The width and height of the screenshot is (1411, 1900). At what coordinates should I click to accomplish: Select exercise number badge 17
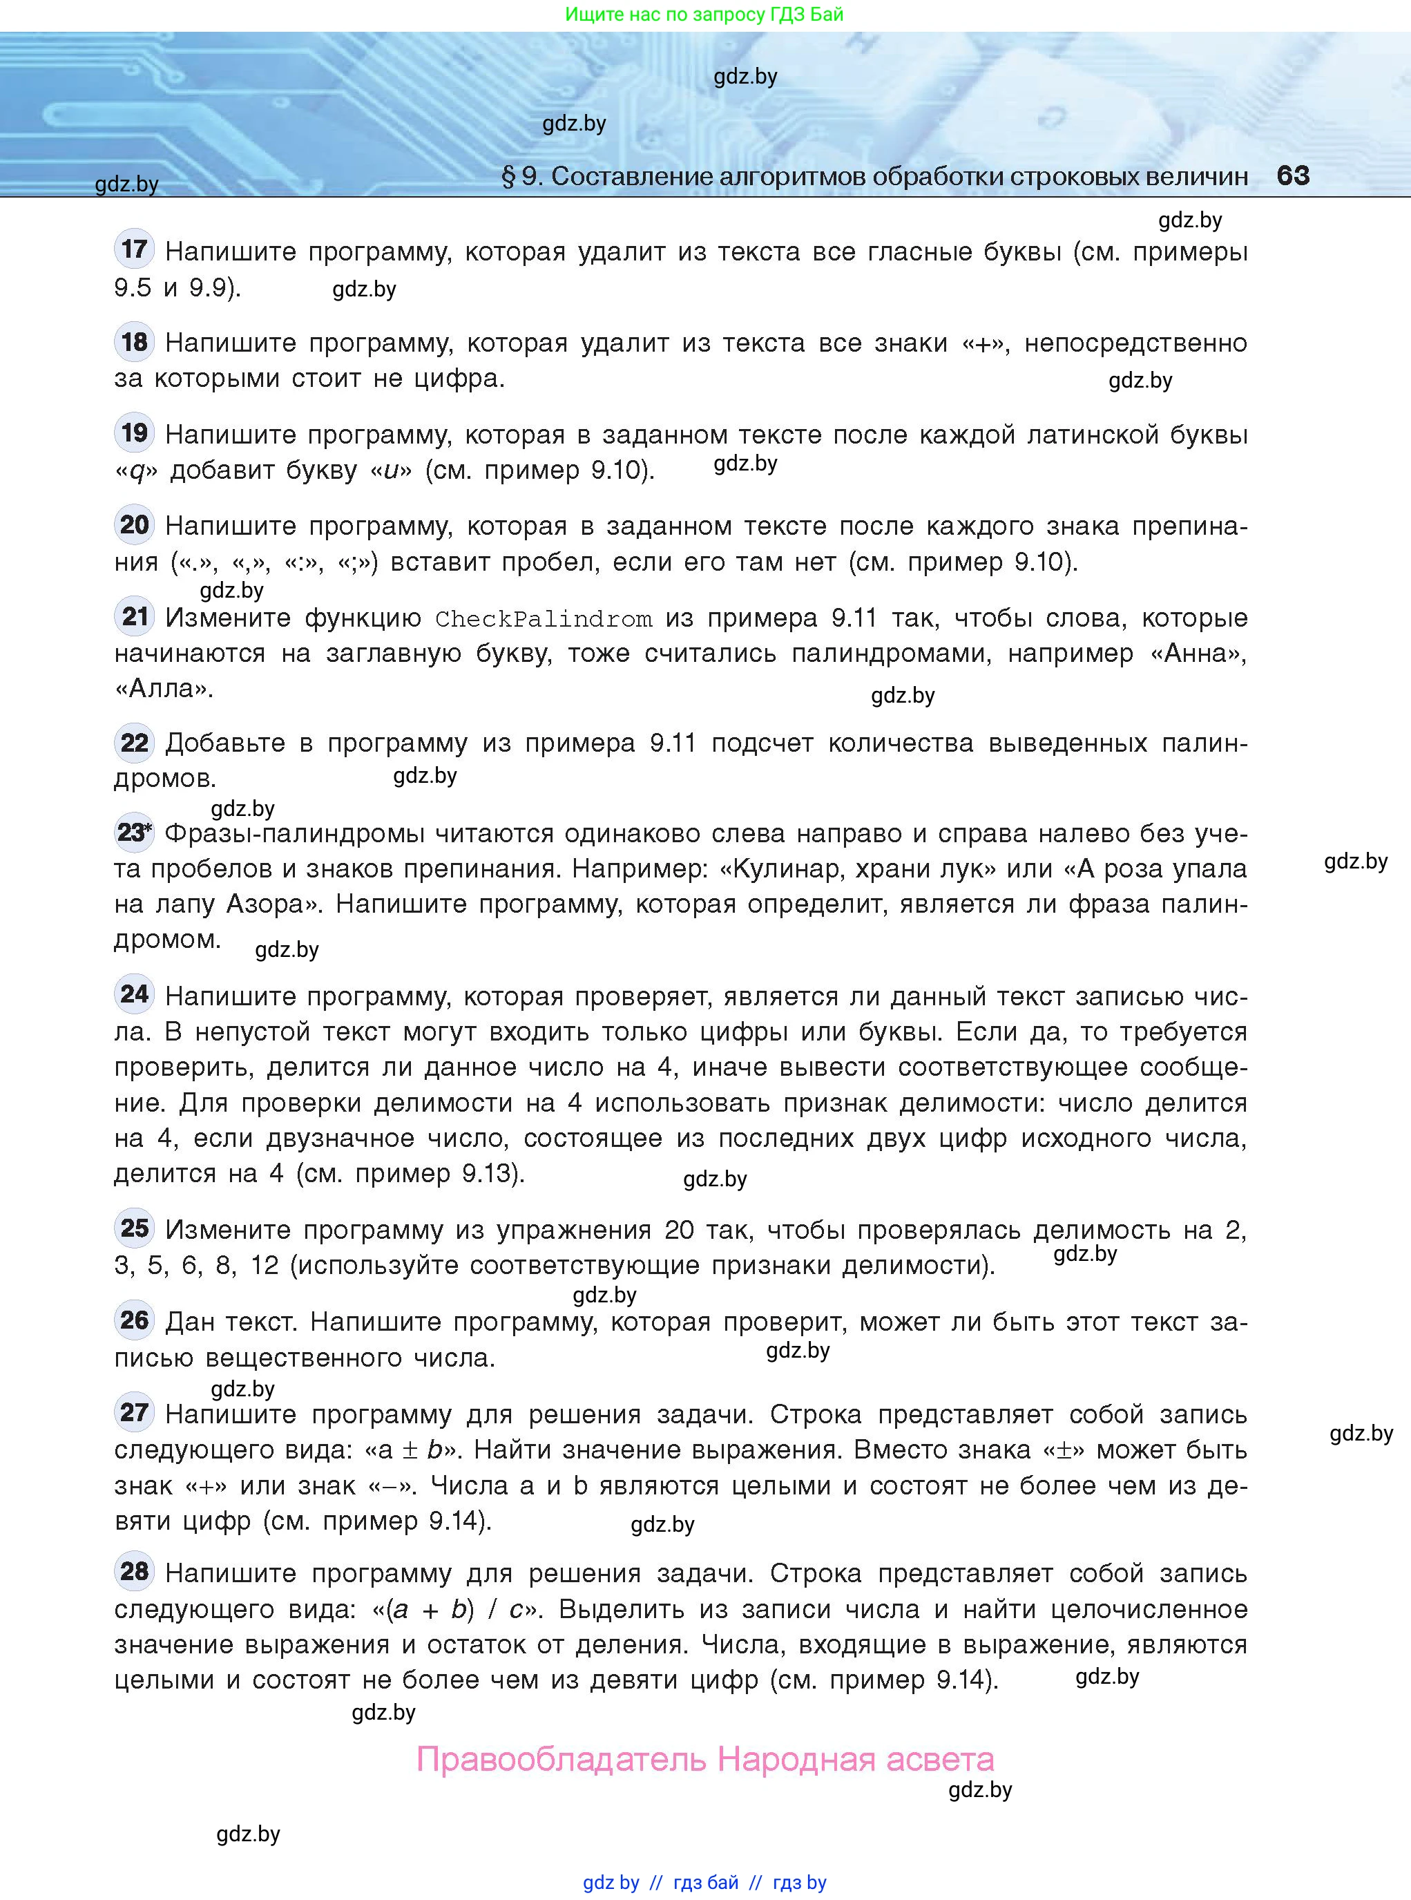pyautogui.click(x=134, y=249)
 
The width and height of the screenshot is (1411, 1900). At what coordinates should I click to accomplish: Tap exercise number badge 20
pyautogui.click(x=134, y=524)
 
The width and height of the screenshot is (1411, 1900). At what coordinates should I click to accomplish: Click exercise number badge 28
pyautogui.click(x=134, y=1571)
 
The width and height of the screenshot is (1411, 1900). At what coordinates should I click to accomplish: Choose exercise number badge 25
pyautogui.click(x=134, y=1228)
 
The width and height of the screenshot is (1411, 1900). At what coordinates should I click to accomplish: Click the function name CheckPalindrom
pyautogui.click(x=544, y=618)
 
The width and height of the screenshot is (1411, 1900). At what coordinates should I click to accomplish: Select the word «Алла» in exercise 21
pyautogui.click(x=163, y=689)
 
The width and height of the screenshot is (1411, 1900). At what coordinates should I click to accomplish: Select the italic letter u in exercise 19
pyautogui.click(x=391, y=471)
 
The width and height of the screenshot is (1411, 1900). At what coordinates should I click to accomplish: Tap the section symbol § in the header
pyautogui.click(x=508, y=176)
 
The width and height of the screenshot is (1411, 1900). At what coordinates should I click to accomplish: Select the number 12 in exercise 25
pyautogui.click(x=265, y=1265)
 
